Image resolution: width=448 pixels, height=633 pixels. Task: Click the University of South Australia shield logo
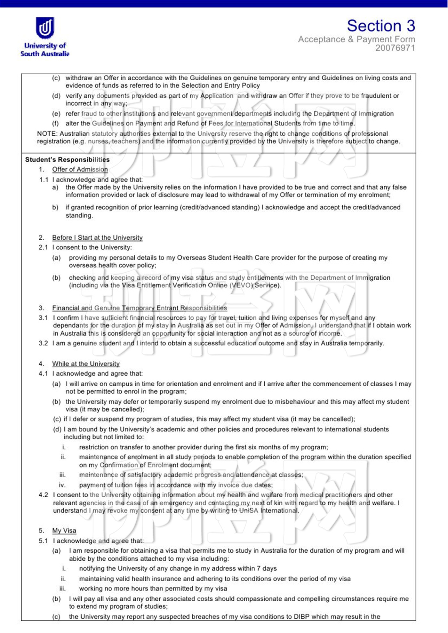tap(45, 28)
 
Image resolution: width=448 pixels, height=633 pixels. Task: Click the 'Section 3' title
tap(381, 26)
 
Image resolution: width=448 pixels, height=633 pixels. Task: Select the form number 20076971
tap(395, 48)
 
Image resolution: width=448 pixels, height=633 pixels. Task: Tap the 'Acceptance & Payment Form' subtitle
tap(356, 39)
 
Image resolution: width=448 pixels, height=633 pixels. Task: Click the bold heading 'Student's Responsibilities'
tap(68, 159)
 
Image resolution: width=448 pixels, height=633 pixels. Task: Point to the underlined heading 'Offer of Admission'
tap(80, 169)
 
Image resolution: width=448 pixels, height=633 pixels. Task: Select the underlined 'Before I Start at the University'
tap(97, 237)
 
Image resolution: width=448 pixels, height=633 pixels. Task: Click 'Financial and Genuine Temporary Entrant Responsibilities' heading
tap(140, 308)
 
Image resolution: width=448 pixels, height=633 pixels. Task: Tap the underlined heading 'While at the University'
tap(86, 364)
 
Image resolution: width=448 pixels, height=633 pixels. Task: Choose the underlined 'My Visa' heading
tap(64, 530)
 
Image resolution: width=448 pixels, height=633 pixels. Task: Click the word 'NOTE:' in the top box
tap(47, 133)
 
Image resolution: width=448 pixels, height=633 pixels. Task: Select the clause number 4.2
tap(43, 495)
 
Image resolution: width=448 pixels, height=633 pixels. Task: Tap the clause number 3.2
tap(43, 343)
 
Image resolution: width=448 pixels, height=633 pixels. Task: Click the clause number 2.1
tap(43, 247)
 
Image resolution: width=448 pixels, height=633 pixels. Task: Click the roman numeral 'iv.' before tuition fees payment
tap(62, 485)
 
